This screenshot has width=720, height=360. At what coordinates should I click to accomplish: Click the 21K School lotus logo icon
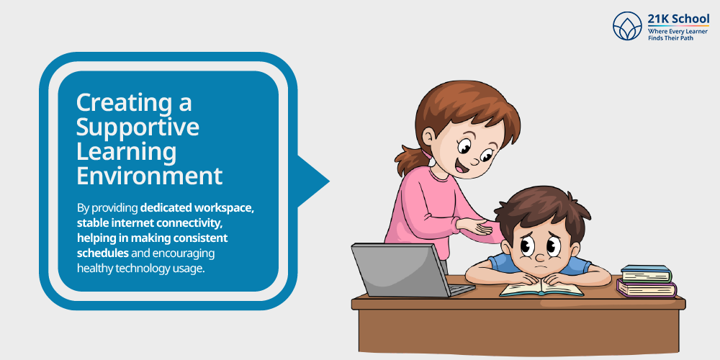(x=627, y=26)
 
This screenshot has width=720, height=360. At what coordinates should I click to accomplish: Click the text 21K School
(x=678, y=19)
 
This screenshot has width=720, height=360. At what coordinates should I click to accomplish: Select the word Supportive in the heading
(x=138, y=128)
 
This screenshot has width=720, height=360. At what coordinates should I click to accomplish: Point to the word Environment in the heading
(x=149, y=176)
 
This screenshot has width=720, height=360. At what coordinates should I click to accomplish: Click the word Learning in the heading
(x=126, y=153)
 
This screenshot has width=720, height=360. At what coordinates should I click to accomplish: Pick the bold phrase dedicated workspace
(x=197, y=207)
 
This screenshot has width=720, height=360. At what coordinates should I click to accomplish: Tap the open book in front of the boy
(x=541, y=289)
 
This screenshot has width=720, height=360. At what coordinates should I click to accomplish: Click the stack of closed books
(x=647, y=281)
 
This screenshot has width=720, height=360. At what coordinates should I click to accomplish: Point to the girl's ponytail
(x=410, y=158)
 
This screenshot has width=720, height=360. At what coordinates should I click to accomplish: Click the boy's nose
(x=541, y=256)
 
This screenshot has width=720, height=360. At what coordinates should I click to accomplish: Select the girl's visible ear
(x=428, y=137)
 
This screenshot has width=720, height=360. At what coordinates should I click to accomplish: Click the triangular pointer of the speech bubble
(x=313, y=181)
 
